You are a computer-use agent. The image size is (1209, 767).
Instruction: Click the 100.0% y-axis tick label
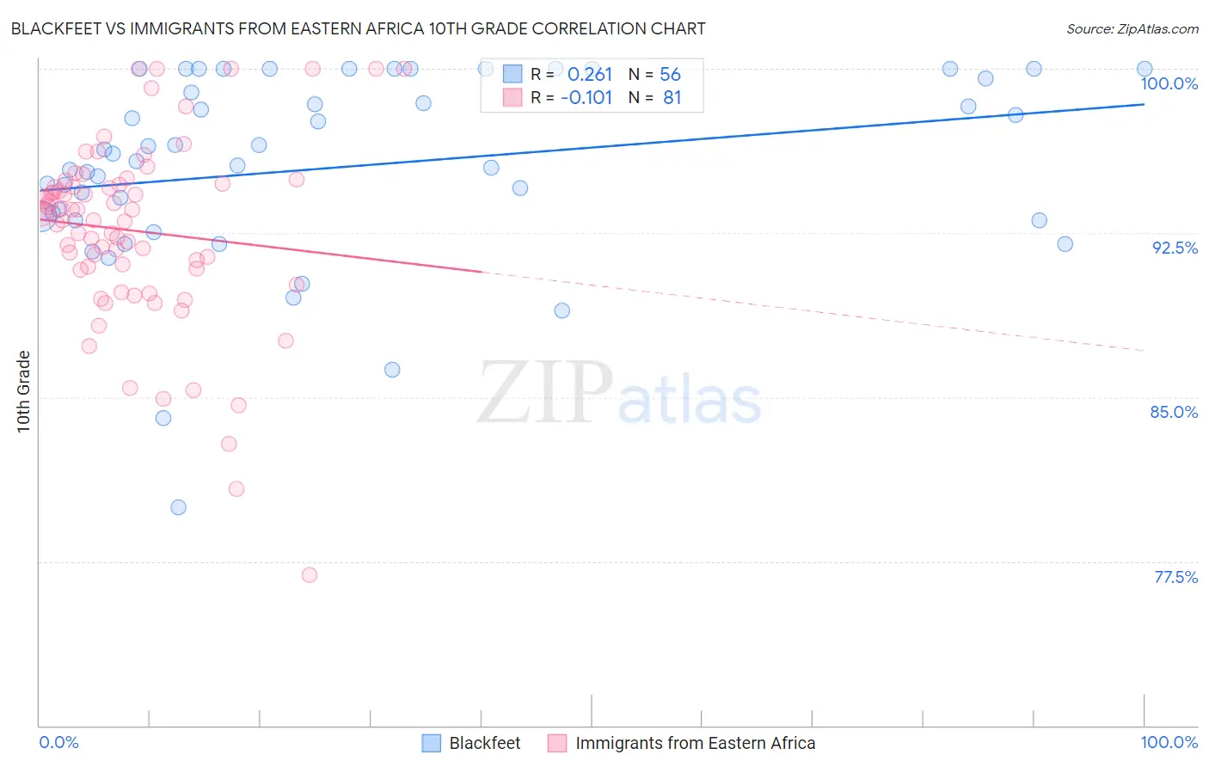coord(1169,83)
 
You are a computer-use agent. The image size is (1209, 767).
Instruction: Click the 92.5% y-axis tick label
coord(1175,248)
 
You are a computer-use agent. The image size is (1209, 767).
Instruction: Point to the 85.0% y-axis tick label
coord(1174,412)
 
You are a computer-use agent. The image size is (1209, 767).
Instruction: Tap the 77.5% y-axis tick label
coord(1175,577)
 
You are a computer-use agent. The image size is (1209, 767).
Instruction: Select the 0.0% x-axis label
coord(58,742)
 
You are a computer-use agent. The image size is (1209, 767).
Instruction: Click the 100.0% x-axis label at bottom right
coord(1169,742)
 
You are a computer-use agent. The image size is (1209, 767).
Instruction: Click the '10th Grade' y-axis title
coord(24,391)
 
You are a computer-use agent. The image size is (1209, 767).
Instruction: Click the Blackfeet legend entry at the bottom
coord(484,743)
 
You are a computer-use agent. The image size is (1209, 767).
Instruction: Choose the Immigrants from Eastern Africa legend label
coord(695,743)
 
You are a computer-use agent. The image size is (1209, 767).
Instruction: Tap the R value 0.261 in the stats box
coord(589,75)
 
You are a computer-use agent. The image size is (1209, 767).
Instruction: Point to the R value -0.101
coord(586,98)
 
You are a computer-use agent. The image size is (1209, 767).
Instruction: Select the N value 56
coord(670,75)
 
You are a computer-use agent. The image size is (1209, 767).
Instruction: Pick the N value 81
coord(672,98)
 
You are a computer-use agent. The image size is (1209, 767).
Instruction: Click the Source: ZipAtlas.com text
coord(1132,29)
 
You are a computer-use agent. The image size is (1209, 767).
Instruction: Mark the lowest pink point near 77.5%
coord(310,574)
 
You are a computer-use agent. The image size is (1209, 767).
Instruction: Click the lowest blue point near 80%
coord(178,507)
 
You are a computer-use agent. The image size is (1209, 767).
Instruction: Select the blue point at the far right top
coord(1145,69)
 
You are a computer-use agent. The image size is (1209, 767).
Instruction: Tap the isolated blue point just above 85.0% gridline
coord(392,370)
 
